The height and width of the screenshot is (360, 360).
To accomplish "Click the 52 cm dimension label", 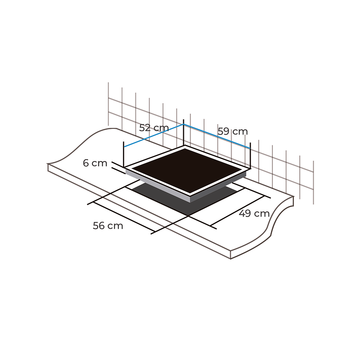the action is pyautogui.click(x=154, y=128).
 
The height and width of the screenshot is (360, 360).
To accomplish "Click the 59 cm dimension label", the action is pyautogui.click(x=233, y=132).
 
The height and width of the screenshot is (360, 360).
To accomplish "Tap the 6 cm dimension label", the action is pyautogui.click(x=95, y=163).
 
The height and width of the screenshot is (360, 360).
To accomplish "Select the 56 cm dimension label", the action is pyautogui.click(x=108, y=225).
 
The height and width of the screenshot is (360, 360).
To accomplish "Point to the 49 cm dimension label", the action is pyautogui.click(x=254, y=214).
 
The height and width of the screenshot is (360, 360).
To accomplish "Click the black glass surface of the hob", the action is pyautogui.click(x=187, y=171).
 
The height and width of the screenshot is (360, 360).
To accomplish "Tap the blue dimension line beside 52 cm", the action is pyautogui.click(x=153, y=135).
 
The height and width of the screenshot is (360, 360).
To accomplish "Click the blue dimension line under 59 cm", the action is pyautogui.click(x=217, y=136).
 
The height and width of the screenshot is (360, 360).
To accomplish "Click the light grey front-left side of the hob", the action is pyautogui.click(x=158, y=186).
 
